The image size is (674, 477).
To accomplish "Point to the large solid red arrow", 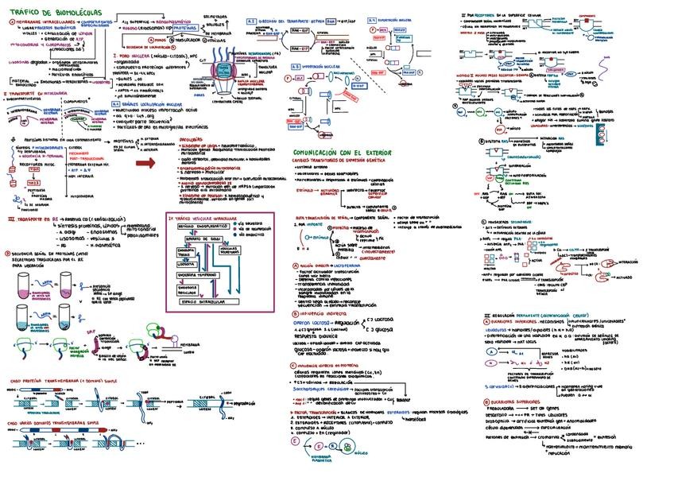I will [x=145, y=163].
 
